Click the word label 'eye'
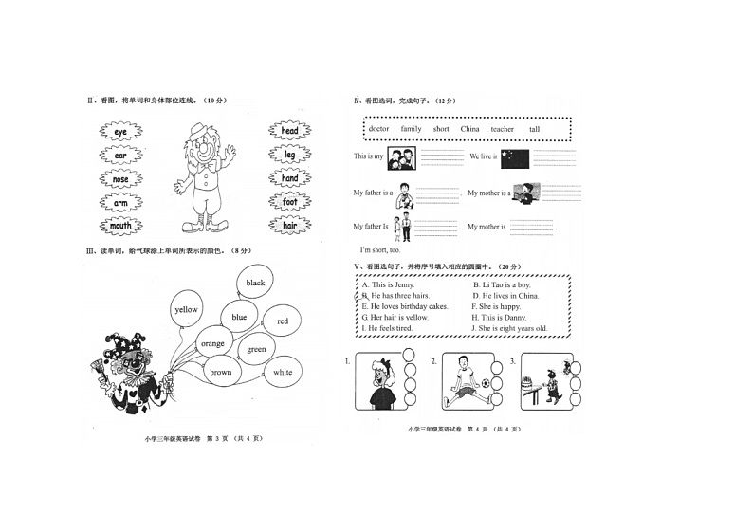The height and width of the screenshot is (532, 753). (x=120, y=132)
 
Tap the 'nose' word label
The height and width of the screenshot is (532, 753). (x=120, y=179)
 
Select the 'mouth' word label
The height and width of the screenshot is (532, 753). (x=120, y=227)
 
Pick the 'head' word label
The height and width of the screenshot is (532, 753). (x=289, y=132)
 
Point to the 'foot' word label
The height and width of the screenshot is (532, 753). (x=289, y=202)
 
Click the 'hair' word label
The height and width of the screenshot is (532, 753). (x=289, y=226)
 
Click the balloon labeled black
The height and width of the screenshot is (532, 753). (x=255, y=283)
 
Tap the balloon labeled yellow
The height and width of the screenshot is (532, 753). (x=187, y=309)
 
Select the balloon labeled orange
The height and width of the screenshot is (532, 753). (x=213, y=343)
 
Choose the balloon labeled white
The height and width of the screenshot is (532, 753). (x=283, y=373)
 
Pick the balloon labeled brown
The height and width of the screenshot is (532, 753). (x=221, y=372)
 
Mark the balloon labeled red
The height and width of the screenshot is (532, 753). (x=282, y=321)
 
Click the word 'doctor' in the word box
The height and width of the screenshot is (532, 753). (x=378, y=129)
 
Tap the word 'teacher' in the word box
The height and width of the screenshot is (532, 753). (x=502, y=129)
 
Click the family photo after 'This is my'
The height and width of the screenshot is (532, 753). (x=400, y=157)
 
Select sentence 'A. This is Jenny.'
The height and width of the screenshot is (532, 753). (x=389, y=284)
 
